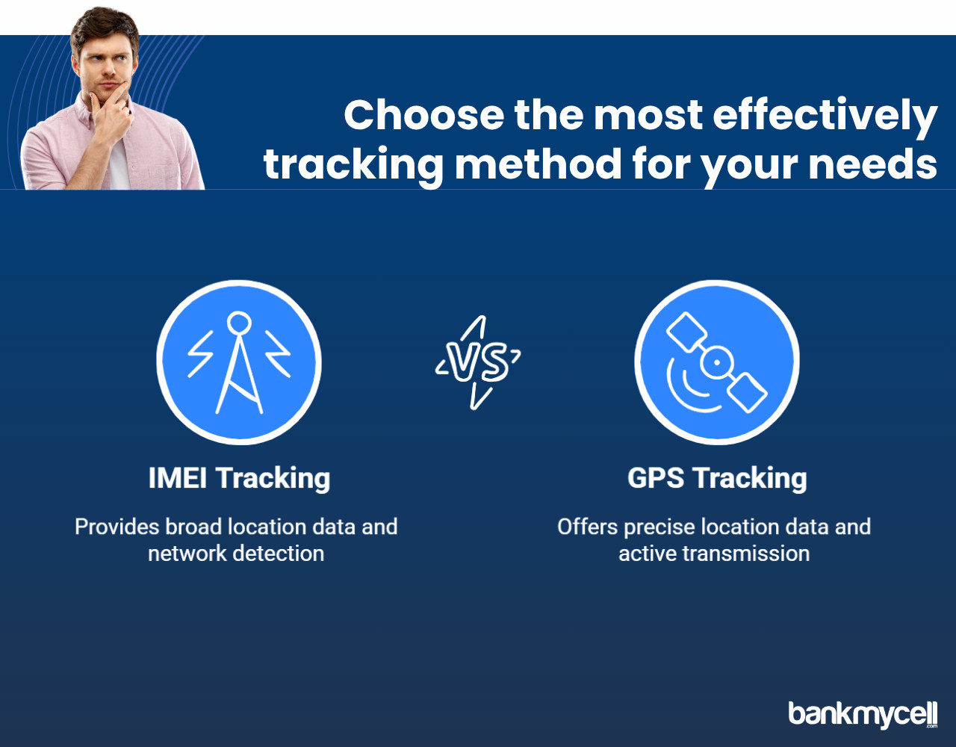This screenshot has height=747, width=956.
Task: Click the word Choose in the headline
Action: click(424, 115)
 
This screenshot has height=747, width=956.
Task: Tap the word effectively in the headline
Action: click(825, 116)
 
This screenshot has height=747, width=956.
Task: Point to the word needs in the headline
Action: click(873, 164)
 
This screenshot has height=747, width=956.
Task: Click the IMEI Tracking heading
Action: click(239, 478)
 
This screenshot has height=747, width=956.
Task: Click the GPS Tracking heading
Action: click(717, 478)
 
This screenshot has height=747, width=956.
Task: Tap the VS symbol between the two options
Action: click(478, 362)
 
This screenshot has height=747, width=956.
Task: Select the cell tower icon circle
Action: click(239, 362)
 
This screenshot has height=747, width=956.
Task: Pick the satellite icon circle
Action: click(717, 362)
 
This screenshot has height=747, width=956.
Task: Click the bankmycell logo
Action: click(863, 714)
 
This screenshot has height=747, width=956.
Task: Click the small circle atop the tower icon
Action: click(239, 323)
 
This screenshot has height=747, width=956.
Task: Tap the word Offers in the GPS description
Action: click(587, 527)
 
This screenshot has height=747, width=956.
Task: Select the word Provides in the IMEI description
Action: click(117, 527)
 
